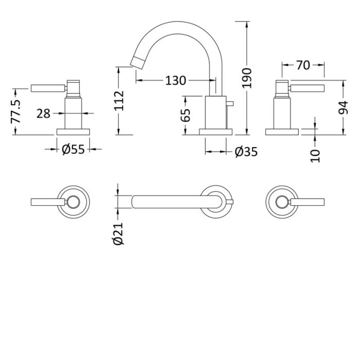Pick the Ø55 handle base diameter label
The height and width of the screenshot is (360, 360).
[73, 149]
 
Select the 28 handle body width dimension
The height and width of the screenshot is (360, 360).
[43, 113]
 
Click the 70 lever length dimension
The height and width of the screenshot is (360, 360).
[303, 65]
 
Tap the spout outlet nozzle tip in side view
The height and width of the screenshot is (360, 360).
[134, 61]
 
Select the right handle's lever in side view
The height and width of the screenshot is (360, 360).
[309, 87]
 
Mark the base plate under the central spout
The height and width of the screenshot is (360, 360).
[216, 131]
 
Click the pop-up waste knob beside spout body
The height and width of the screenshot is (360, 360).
[231, 105]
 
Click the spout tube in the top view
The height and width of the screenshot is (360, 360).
[171, 201]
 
